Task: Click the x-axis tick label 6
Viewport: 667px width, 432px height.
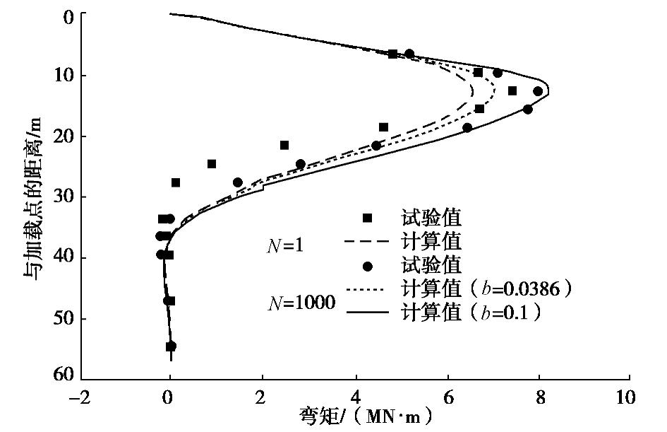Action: point(447,397)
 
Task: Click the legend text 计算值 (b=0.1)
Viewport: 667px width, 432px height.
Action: point(471,311)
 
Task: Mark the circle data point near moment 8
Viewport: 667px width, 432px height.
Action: point(538,91)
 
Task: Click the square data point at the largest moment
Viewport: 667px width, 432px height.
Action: point(512,91)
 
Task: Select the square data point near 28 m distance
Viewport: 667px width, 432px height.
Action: point(176,182)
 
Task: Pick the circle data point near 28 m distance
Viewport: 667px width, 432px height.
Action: point(238,182)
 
